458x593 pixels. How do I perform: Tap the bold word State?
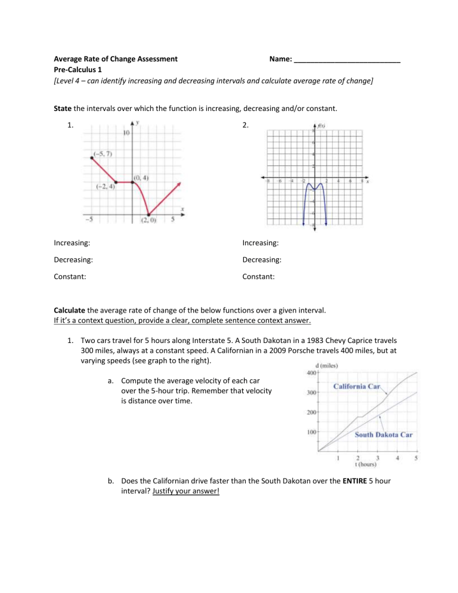(64, 107)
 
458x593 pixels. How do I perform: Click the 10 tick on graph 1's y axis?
(126, 132)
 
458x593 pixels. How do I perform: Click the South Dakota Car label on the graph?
(384, 434)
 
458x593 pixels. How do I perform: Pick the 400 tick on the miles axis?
(310, 373)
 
